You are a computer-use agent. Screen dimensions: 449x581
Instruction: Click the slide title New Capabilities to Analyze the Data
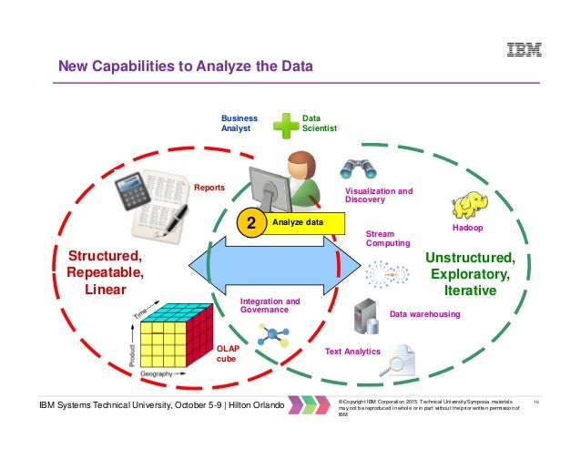pyautogui.click(x=186, y=66)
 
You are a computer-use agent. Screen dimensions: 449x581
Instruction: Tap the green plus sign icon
pyautogui.click(x=288, y=125)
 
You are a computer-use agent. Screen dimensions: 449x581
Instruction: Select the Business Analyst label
pyautogui.click(x=240, y=124)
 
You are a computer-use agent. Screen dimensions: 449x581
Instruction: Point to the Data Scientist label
pyautogui.click(x=319, y=124)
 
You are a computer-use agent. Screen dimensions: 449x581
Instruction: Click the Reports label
pyautogui.click(x=209, y=188)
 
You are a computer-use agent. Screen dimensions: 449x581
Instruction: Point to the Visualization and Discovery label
pyautogui.click(x=378, y=196)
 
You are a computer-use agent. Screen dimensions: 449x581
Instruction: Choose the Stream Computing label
pyautogui.click(x=387, y=239)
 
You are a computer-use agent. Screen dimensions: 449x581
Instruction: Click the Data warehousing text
pyautogui.click(x=424, y=314)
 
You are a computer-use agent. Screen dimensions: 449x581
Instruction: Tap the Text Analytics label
pyautogui.click(x=352, y=352)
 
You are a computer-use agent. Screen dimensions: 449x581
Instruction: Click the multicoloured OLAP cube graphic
pyautogui.click(x=175, y=334)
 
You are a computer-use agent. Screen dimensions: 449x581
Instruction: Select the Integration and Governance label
pyautogui.click(x=270, y=305)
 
